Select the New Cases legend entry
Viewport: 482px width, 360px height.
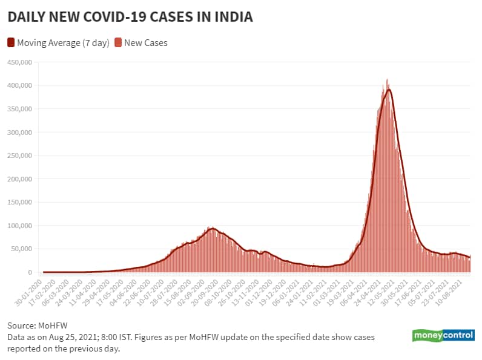[145, 43]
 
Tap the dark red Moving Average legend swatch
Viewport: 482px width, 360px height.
[11, 43]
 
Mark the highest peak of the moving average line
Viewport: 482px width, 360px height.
[389, 90]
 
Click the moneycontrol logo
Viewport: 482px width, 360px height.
[443, 336]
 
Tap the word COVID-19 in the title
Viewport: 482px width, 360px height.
[136, 18]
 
